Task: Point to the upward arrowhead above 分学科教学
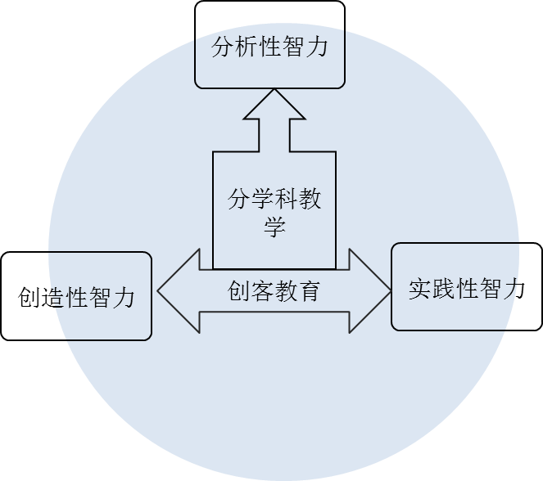click(x=274, y=106)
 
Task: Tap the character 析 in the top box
click(x=247, y=47)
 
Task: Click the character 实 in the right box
click(x=420, y=289)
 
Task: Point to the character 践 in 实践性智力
click(x=444, y=289)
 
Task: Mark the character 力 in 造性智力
click(x=123, y=296)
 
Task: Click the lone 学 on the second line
click(x=274, y=227)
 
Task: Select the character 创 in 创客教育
click(x=238, y=291)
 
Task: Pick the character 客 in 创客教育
click(x=262, y=291)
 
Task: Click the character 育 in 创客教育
click(x=309, y=291)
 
